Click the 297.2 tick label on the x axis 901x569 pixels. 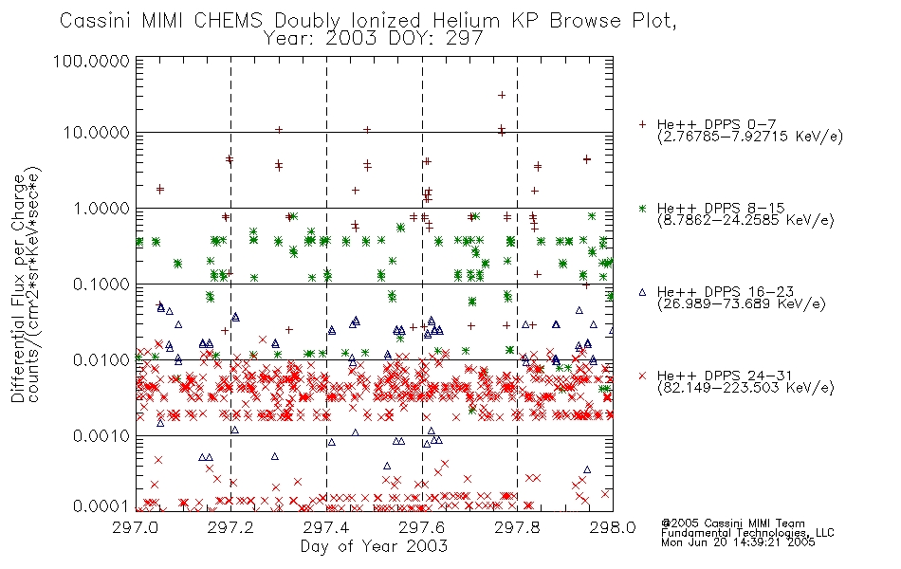[230, 527]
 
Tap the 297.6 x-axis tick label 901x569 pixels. [422, 527]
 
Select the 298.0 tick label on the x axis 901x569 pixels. [613, 527]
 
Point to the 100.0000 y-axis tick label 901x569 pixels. [91, 61]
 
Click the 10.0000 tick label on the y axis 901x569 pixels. [96, 133]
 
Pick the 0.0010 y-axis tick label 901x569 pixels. [101, 436]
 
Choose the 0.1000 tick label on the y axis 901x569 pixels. [101, 284]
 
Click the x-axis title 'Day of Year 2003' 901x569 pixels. [374, 546]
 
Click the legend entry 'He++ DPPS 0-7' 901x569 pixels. [717, 124]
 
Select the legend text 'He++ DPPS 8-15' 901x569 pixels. [721, 208]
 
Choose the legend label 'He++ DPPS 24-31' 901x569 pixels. [725, 376]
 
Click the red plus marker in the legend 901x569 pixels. [642, 124]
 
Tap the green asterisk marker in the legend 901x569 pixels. [642, 208]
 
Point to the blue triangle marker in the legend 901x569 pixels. [642, 292]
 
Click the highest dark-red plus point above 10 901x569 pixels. [502, 95]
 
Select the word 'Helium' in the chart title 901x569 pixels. [467, 21]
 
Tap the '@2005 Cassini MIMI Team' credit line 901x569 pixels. [733, 523]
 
